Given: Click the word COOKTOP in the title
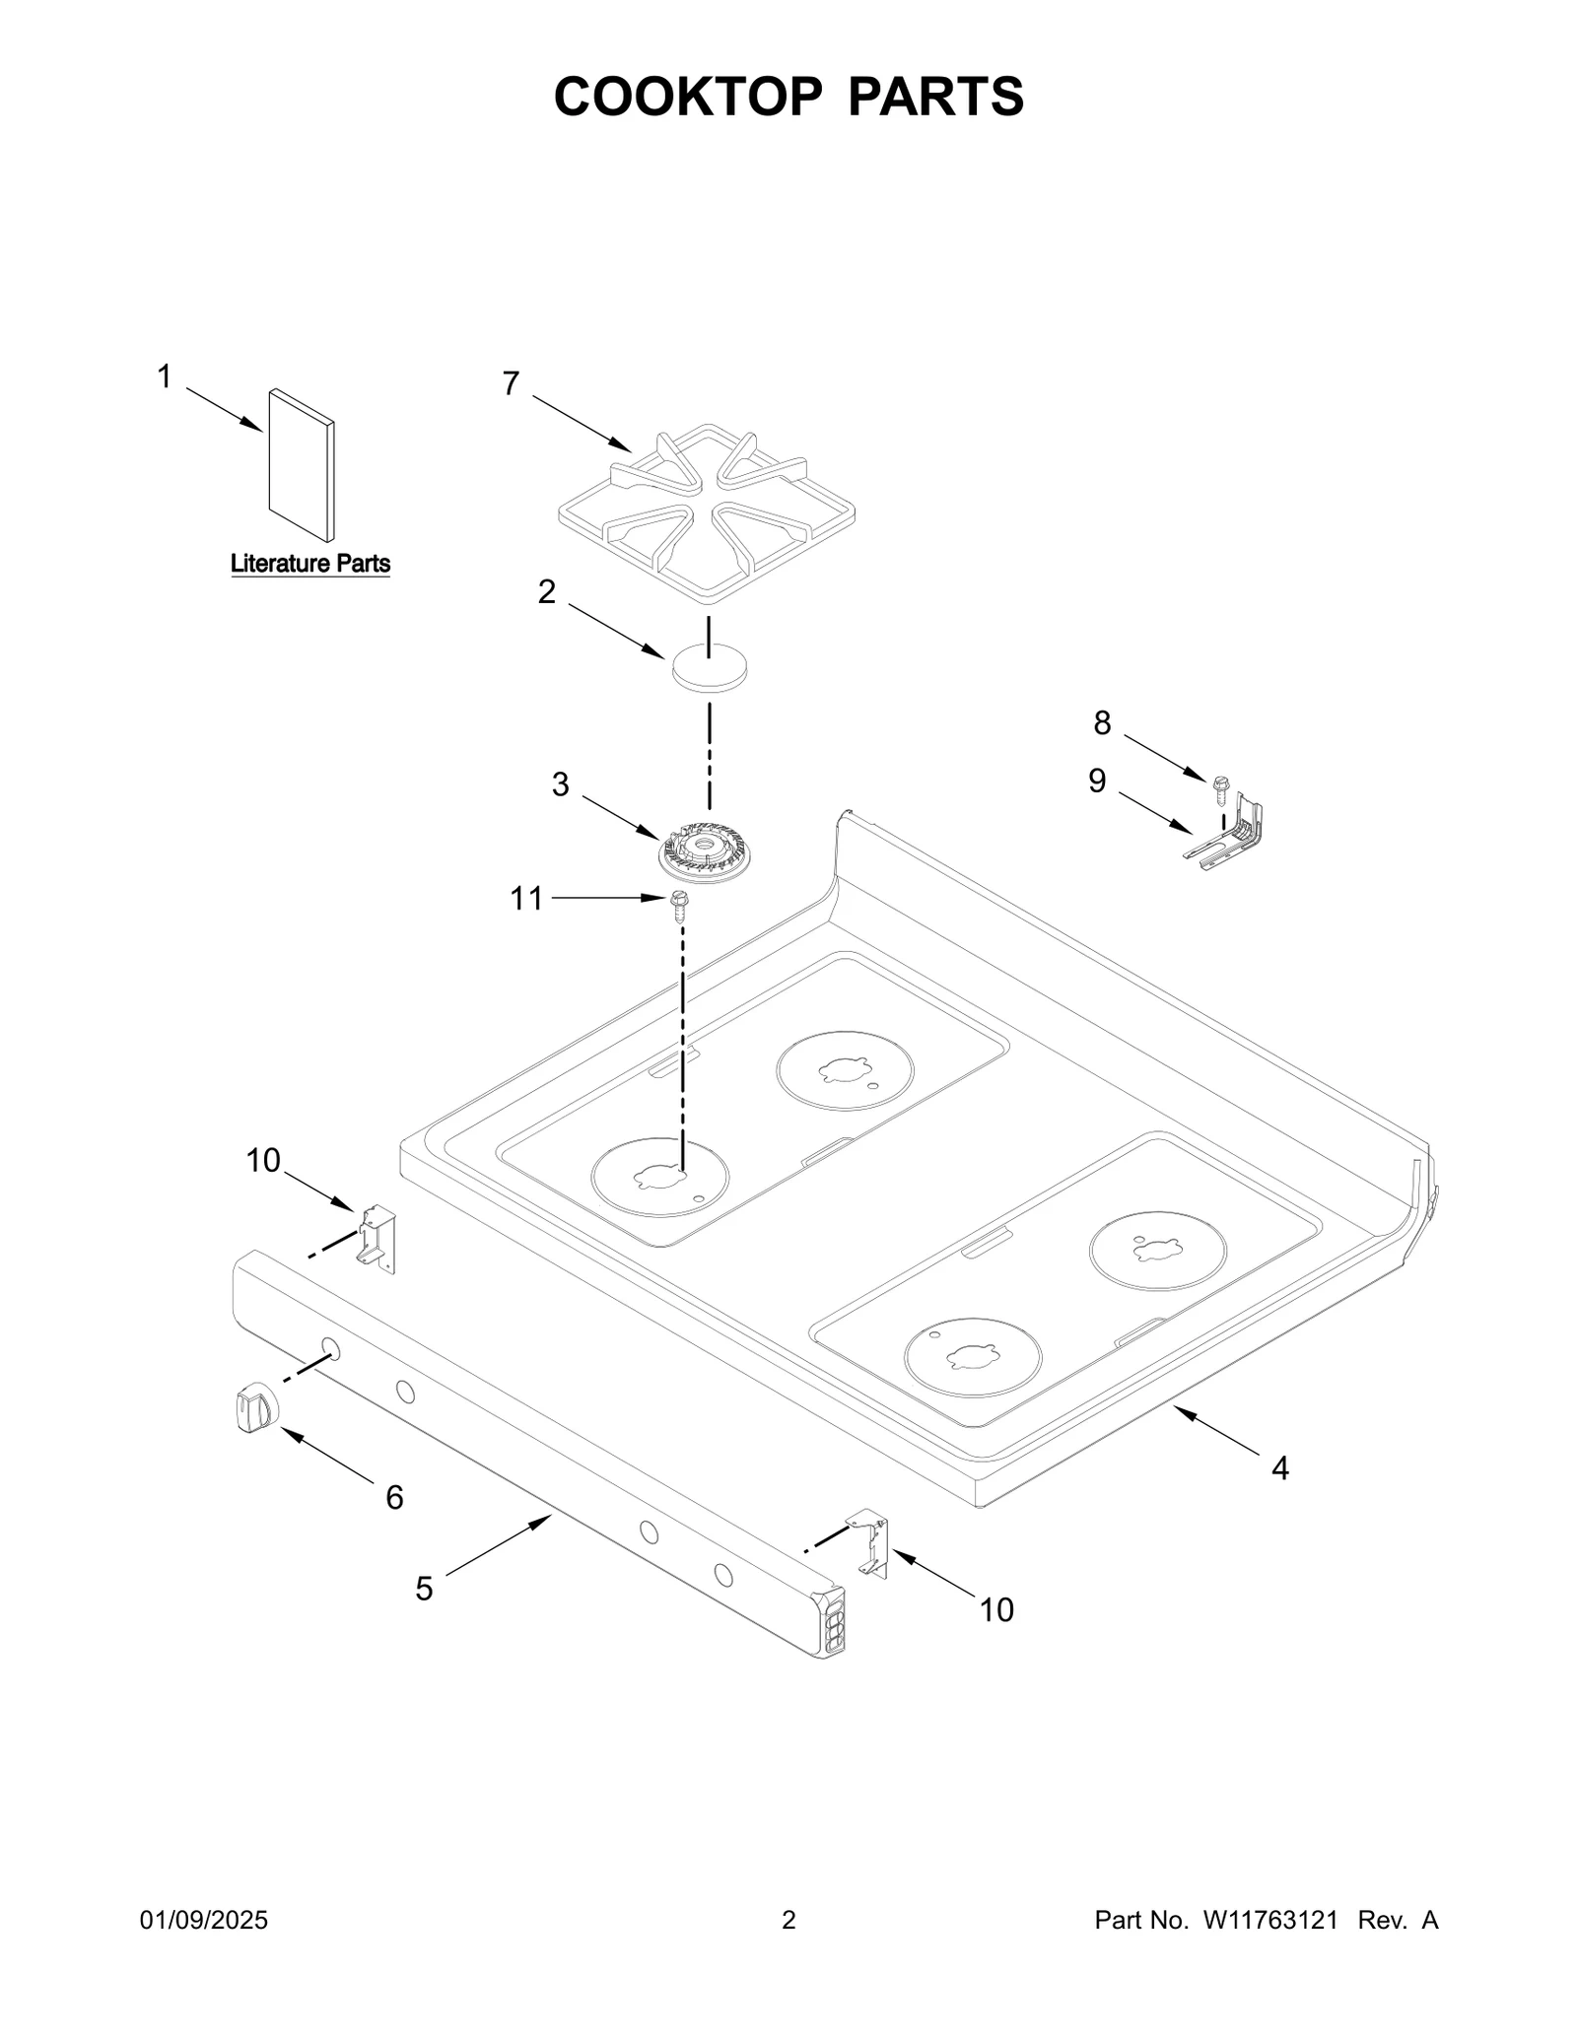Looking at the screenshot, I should coord(687,97).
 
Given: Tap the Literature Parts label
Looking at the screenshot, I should coord(309,564).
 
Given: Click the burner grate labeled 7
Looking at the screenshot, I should coord(706,514).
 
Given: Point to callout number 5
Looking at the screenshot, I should coord(424,1589).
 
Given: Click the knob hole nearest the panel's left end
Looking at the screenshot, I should coord(331,1348).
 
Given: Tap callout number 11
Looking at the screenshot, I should coord(526,898).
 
